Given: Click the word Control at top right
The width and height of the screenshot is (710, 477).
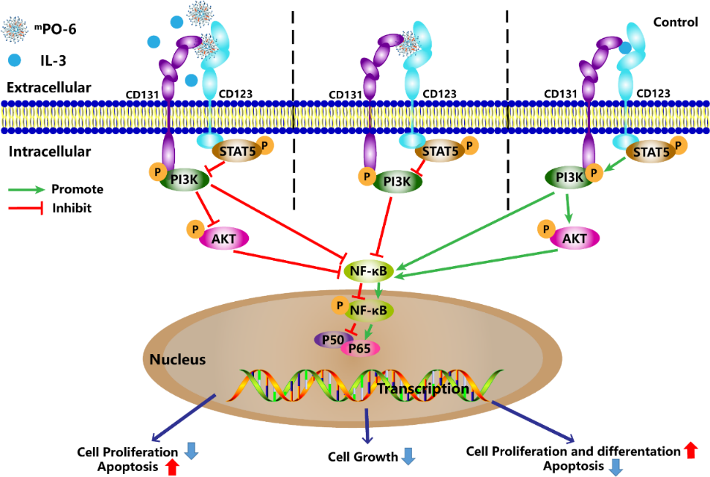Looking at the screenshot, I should (675, 22).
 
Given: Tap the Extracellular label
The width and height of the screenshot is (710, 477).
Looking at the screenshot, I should (49, 87).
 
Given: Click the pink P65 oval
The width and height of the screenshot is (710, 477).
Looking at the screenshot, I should (360, 348).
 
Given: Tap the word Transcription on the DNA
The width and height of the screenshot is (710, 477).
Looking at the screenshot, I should (422, 389).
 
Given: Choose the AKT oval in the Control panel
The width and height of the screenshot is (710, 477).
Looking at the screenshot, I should (574, 238).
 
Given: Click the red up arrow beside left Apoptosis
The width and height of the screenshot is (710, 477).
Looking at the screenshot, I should (172, 467).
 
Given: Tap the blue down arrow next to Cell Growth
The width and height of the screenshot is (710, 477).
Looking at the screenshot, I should (408, 455).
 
